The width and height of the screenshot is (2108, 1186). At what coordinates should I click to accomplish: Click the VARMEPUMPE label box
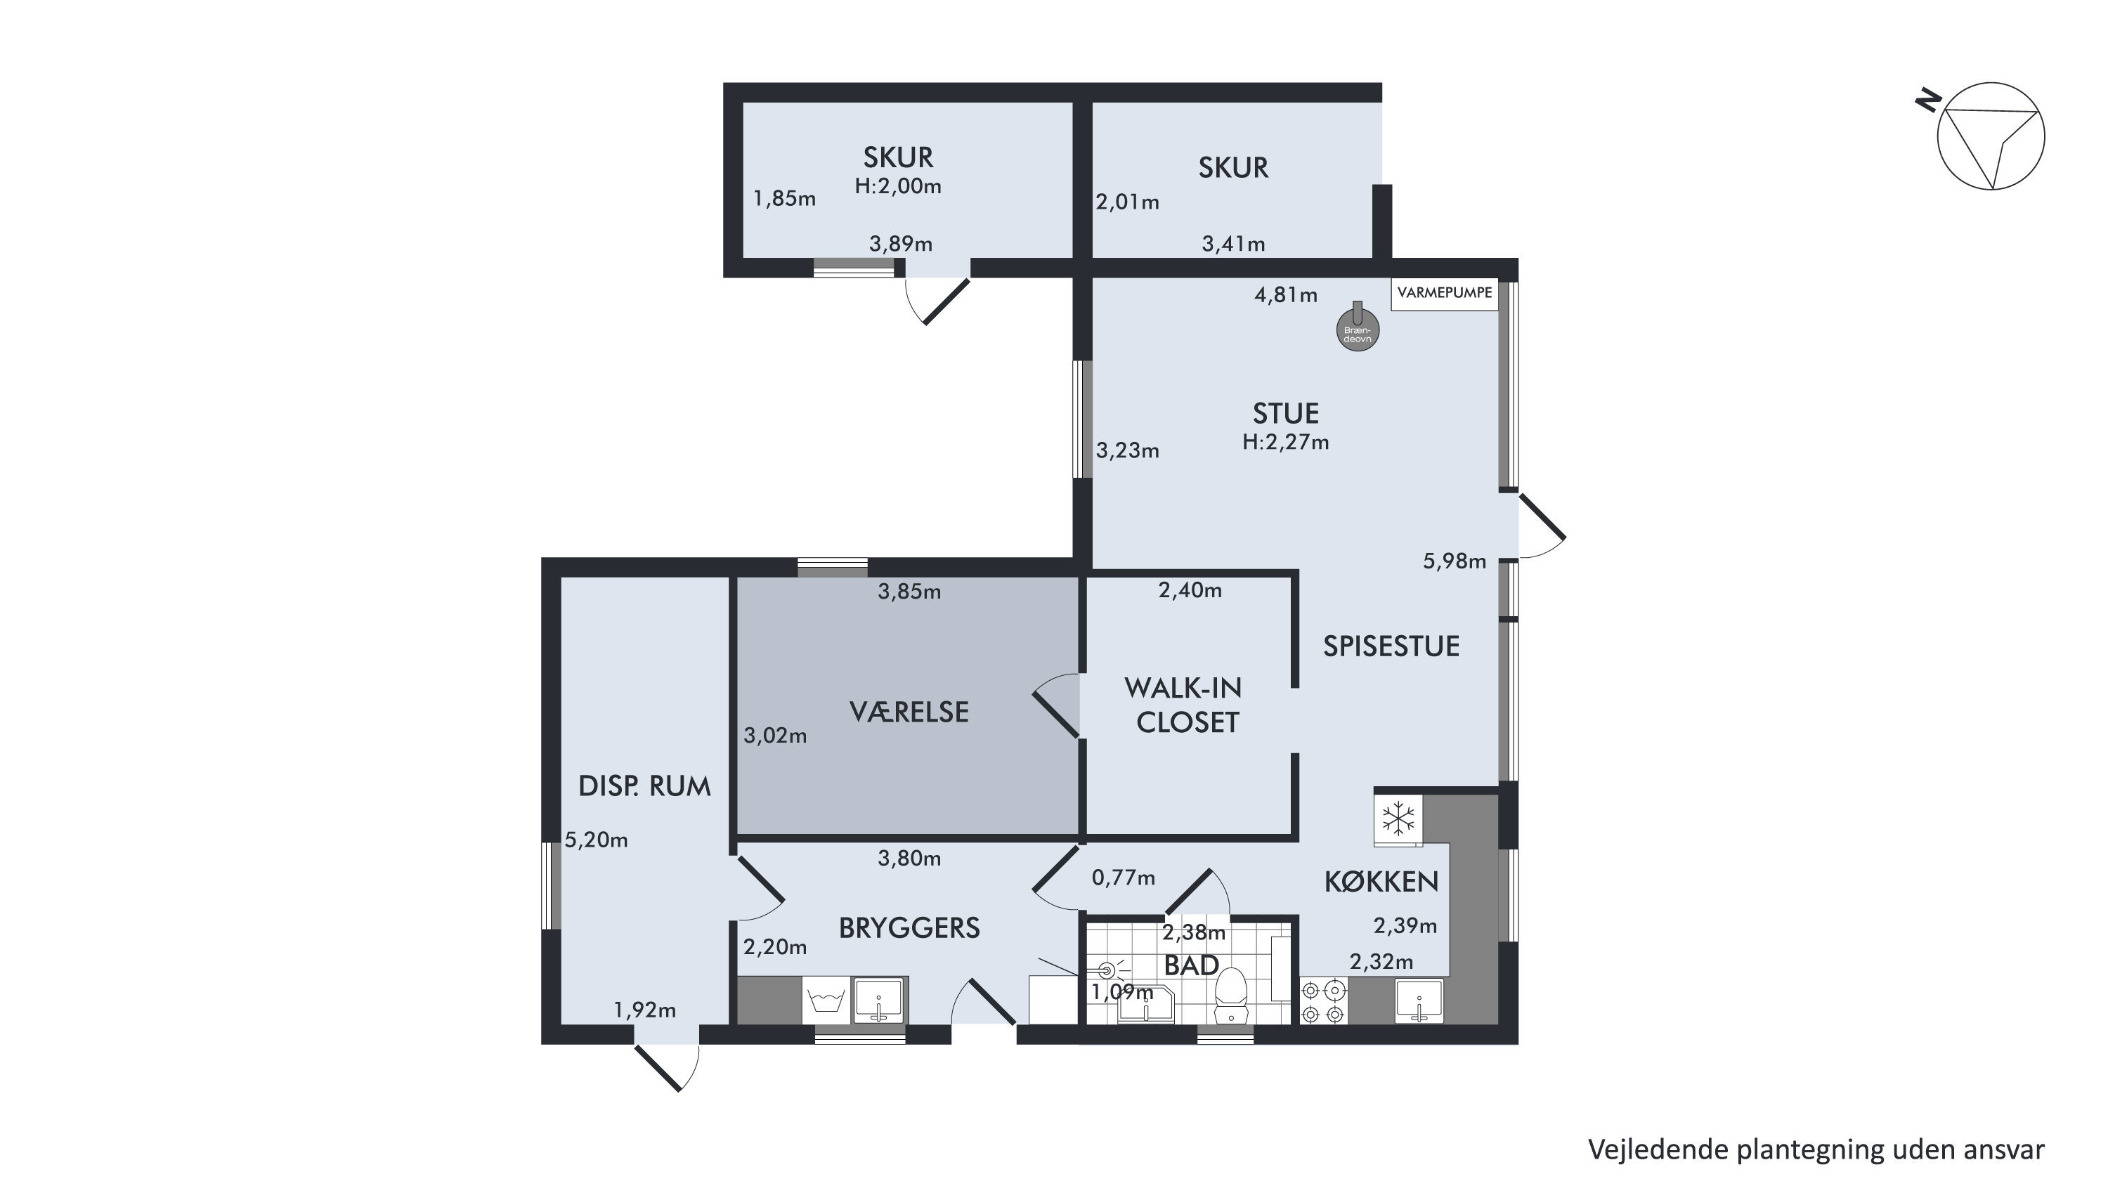[1445, 293]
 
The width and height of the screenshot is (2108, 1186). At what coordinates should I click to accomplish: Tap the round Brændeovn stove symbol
[1358, 331]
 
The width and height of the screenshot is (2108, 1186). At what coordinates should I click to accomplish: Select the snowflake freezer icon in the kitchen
[1398, 818]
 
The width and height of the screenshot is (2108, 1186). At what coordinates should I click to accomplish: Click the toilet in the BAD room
[1230, 993]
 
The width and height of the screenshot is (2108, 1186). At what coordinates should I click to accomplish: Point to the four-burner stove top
[1323, 1002]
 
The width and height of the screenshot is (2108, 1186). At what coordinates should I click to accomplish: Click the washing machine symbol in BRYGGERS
[826, 1001]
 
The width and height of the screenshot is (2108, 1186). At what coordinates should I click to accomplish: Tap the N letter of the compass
[1928, 103]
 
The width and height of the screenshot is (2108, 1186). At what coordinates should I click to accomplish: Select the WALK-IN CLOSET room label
[1185, 705]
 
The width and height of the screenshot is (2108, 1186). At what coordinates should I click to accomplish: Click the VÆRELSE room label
[909, 712]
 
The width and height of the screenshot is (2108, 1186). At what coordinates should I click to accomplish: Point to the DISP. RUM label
[644, 787]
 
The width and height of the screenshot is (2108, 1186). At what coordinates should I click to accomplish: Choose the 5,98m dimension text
[1454, 561]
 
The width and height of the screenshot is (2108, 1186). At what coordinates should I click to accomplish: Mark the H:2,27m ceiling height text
[1286, 442]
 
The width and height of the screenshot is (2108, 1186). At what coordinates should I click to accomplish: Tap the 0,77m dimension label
[1123, 878]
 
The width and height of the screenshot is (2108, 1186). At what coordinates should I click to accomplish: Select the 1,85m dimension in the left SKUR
[784, 198]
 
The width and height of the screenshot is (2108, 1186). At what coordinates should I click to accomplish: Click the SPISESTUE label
[1391, 646]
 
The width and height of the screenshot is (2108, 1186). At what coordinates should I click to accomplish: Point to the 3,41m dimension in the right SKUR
[1233, 244]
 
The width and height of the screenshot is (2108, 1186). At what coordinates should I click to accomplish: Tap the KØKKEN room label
[1381, 882]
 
